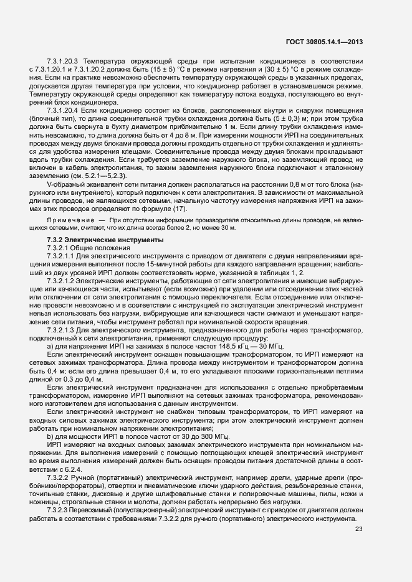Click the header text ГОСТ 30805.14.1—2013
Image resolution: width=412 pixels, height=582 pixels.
(323, 42)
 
